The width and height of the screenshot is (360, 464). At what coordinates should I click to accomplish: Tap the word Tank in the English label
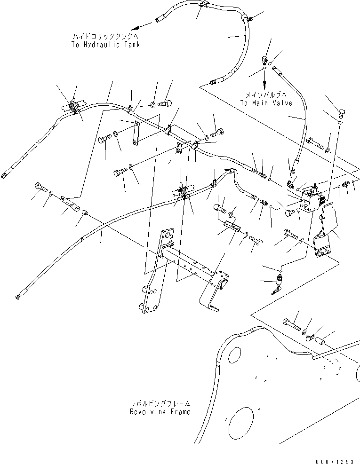(x=132, y=45)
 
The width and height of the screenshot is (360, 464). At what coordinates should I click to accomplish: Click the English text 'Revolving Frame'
(x=160, y=412)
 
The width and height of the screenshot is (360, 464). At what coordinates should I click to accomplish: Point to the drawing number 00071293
(x=335, y=461)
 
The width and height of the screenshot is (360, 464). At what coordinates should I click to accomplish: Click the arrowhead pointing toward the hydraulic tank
(x=136, y=28)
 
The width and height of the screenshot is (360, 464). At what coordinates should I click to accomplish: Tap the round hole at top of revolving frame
(x=235, y=355)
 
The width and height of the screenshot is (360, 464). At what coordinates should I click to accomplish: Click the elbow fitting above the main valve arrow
(x=265, y=59)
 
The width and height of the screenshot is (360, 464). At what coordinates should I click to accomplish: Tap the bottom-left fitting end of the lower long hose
(x=18, y=296)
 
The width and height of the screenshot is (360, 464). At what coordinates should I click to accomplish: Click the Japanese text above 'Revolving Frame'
(x=160, y=404)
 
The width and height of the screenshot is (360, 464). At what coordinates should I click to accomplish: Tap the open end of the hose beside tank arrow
(x=158, y=20)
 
